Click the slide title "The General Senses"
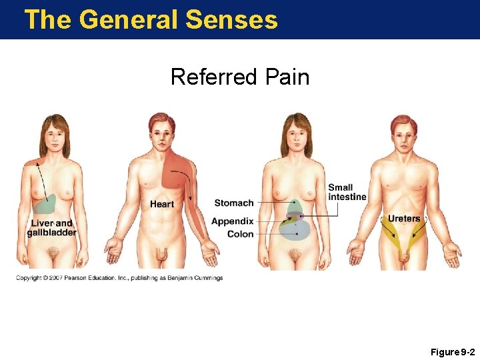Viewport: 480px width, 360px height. click(151, 19)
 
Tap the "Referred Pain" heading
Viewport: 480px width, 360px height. click(240, 77)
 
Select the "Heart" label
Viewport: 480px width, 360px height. click(162, 204)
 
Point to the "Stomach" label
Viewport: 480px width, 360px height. click(234, 203)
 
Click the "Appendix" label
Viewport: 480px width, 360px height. click(233, 221)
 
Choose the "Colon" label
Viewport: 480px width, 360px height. click(240, 234)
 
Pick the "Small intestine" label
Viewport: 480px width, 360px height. click(347, 192)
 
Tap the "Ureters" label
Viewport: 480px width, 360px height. click(404, 219)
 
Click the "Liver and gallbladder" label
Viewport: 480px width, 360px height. click(51, 228)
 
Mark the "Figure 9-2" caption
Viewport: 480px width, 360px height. click(453, 351)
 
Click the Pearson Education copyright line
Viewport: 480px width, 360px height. click(119, 278)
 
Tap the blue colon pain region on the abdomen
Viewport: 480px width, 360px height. click(297, 231)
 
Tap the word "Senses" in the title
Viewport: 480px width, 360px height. click(232, 19)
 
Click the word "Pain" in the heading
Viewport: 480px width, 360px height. click(286, 77)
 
